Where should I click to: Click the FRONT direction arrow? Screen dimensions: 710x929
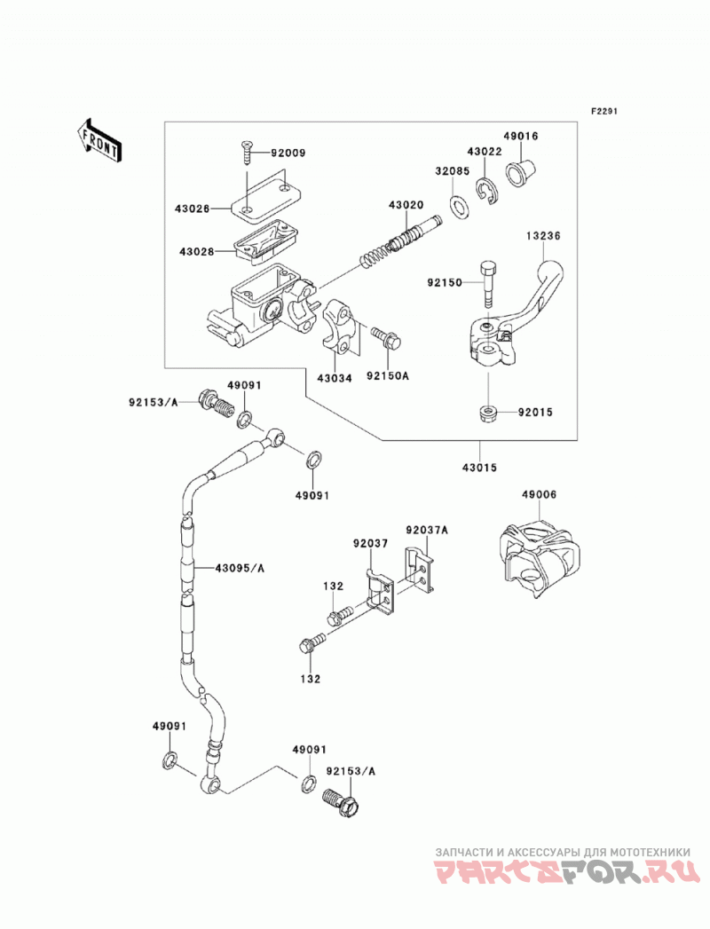click(x=99, y=140)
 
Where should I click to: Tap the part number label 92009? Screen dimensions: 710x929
click(x=288, y=153)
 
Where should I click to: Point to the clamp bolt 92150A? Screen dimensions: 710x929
click(x=386, y=337)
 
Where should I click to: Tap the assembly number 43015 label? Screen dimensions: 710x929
click(x=479, y=468)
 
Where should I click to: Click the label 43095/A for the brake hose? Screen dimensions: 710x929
click(x=240, y=568)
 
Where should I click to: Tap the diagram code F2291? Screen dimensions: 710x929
click(x=603, y=111)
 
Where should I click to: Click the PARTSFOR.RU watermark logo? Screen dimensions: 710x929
click(x=563, y=873)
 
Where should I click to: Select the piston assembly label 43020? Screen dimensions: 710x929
click(x=406, y=205)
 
